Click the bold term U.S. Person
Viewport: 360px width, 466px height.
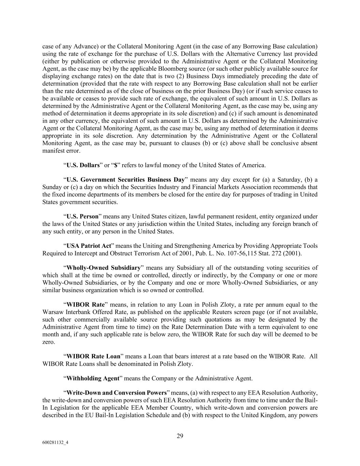[82, 216]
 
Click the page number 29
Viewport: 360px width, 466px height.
[180, 436]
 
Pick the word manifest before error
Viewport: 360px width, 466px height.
[53, 151]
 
